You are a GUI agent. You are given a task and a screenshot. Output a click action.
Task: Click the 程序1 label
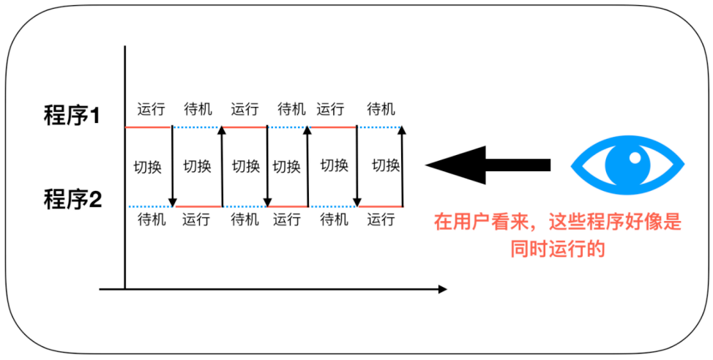click(72, 116)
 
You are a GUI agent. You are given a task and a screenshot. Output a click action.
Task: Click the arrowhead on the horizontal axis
click(441, 290)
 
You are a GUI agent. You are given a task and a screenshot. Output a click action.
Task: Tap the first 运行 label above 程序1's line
click(151, 110)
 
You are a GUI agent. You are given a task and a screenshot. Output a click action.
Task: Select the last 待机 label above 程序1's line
click(381, 110)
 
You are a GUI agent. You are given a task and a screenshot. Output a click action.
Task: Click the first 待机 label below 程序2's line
click(152, 219)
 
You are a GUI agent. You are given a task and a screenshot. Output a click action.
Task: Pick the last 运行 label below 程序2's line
click(381, 219)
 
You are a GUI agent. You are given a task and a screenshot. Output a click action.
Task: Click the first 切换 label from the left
click(147, 166)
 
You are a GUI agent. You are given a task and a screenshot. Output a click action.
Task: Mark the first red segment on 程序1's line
click(149, 127)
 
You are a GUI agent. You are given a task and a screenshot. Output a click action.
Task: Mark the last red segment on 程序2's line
click(381, 207)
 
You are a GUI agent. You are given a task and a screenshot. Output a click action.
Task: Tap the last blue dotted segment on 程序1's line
click(380, 127)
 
